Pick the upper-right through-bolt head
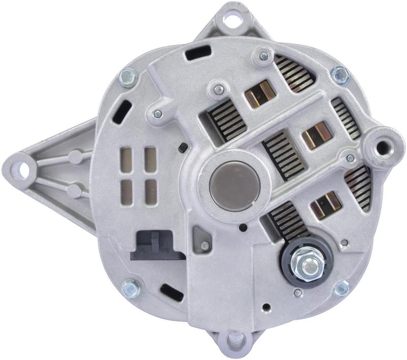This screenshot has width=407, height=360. click(x=340, y=75)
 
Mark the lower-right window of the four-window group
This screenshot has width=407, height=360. click(x=150, y=190)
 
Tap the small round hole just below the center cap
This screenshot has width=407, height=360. click(x=243, y=228)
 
